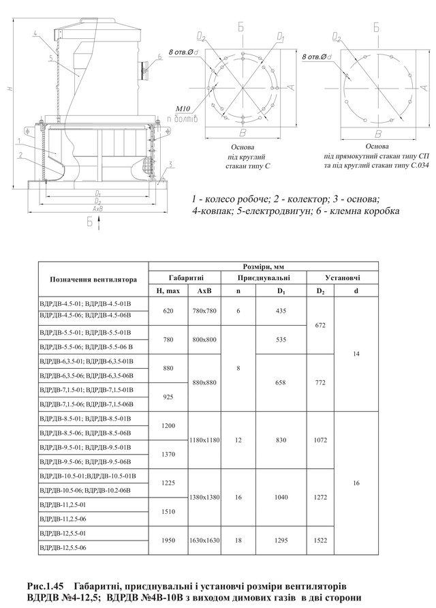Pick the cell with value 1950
[166, 540]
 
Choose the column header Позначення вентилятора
[93, 279]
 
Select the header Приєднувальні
[264, 278]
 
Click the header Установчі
[343, 278]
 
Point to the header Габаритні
[185, 278]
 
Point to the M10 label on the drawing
[183, 108]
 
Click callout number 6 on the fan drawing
[159, 57]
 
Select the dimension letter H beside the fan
[6, 89]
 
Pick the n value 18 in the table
[238, 540]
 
